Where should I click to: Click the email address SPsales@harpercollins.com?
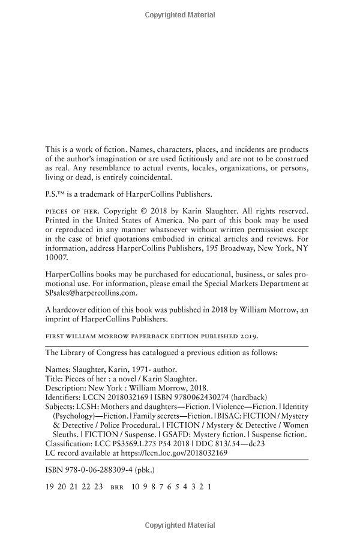click(x=92, y=293)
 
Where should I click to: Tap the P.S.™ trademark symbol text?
click(x=57, y=194)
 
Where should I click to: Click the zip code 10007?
click(x=58, y=256)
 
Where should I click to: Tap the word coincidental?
click(x=143, y=177)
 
